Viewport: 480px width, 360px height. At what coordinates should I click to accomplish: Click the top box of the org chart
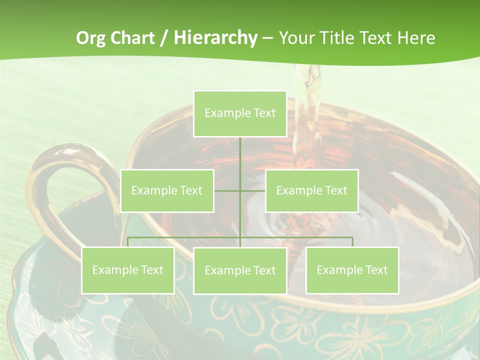[x=240, y=113]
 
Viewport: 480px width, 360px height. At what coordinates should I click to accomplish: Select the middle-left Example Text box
[x=167, y=190]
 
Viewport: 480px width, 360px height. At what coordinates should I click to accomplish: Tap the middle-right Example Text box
[x=311, y=190]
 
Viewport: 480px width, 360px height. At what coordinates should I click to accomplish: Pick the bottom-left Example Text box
[x=128, y=270]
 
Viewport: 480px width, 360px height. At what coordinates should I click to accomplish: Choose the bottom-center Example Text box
[x=240, y=270]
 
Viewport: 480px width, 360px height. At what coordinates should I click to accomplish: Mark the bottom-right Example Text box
[x=352, y=270]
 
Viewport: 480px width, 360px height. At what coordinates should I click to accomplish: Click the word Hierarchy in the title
[x=215, y=38]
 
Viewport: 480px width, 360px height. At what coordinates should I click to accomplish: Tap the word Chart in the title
[x=132, y=38]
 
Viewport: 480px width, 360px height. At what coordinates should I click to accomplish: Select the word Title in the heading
[x=338, y=38]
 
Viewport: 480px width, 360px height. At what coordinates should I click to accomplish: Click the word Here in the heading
[x=416, y=38]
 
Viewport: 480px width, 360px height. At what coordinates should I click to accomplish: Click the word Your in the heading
[x=296, y=38]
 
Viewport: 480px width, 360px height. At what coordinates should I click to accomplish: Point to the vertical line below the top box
[x=240, y=160]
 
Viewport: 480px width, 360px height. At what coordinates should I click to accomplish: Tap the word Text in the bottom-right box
[x=375, y=270]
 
